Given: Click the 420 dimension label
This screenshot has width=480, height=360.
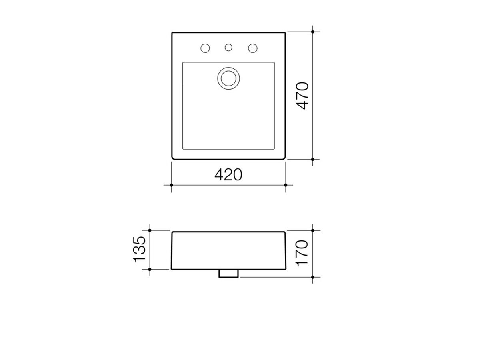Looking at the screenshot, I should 228,174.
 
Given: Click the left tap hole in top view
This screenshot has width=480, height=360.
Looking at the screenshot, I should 205,48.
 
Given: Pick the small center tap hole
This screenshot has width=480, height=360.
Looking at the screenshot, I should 228,48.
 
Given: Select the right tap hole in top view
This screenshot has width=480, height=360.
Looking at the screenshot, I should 252,48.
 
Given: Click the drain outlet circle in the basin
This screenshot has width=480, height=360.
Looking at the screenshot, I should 228,77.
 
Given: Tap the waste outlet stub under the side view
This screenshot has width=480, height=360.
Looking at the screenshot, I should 228,273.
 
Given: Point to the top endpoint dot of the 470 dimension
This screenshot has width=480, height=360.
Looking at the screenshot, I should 313,31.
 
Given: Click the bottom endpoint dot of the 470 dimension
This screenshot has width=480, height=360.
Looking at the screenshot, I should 313,159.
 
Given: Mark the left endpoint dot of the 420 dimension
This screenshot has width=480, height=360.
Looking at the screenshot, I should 171,185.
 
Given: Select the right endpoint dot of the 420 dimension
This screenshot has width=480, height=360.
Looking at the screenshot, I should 286,185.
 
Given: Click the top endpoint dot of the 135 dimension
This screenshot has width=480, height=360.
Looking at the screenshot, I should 150,230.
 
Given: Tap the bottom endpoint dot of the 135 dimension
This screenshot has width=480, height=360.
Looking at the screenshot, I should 150,269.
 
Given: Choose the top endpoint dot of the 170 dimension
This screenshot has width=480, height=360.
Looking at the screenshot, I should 313,230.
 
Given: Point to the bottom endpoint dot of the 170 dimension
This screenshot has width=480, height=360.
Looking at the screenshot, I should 313,277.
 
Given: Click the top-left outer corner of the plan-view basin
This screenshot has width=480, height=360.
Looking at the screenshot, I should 172,32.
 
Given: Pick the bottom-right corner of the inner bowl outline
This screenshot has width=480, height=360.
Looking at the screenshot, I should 274,149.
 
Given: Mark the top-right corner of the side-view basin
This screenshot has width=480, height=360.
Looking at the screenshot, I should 285,232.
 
